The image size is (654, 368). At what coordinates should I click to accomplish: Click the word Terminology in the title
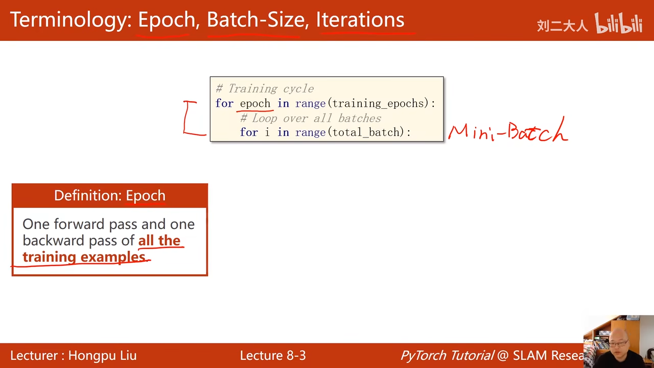(x=71, y=20)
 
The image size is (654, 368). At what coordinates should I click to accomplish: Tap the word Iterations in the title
(x=360, y=19)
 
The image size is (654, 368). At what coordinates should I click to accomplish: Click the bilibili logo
(x=619, y=23)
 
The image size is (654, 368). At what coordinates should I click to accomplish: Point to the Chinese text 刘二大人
(x=563, y=26)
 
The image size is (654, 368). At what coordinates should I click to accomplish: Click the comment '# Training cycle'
(x=265, y=88)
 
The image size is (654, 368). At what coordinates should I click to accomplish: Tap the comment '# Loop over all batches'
(x=311, y=118)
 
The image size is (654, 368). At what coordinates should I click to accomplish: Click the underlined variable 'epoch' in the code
(x=255, y=103)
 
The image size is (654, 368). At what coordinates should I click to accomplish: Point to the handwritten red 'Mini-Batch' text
(x=508, y=130)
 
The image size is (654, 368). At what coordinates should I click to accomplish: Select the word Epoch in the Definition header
(x=146, y=195)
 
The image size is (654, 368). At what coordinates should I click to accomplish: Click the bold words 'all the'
(x=159, y=240)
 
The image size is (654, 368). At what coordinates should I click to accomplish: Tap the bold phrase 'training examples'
(x=84, y=257)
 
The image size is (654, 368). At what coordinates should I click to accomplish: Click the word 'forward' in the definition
(x=79, y=224)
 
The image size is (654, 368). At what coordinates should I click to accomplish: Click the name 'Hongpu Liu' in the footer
(x=103, y=355)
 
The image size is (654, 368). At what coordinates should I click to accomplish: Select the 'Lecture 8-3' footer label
(x=273, y=355)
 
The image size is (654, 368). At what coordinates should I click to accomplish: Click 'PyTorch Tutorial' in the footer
(x=447, y=355)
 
